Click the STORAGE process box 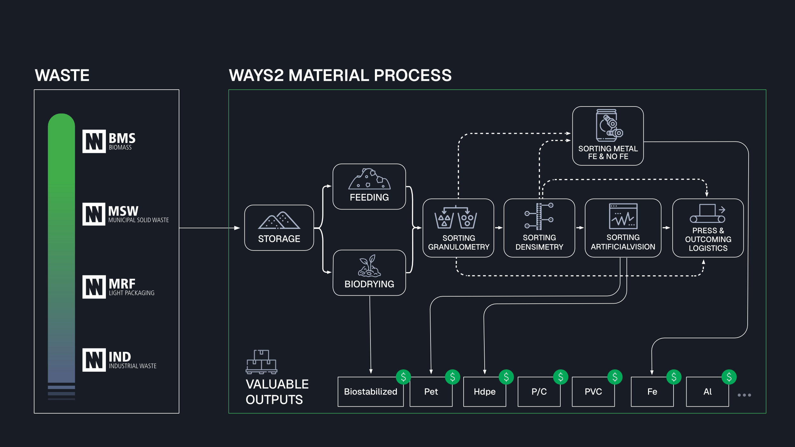point(279,228)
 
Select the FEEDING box point(369,187)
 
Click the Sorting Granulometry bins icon point(455,218)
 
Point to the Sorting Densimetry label point(539,242)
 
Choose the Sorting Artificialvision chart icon point(623,217)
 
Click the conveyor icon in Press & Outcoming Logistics point(707,214)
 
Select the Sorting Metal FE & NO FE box point(608,136)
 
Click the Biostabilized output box point(370,392)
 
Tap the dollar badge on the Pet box point(452,377)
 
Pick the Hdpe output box point(484,392)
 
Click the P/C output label point(539,392)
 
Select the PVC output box point(593,392)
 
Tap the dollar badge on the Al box point(729,377)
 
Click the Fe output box point(652,392)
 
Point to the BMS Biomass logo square point(94,141)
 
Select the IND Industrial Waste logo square point(94,360)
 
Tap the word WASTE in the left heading point(62,75)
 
